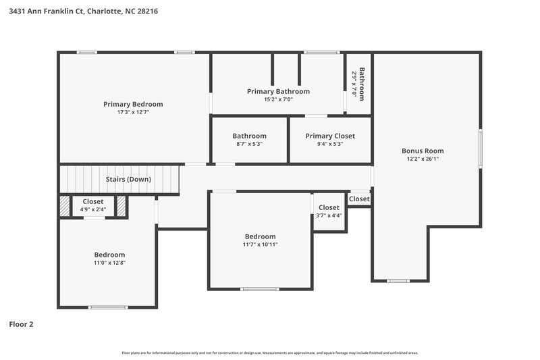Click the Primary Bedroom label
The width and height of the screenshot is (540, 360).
(133, 104)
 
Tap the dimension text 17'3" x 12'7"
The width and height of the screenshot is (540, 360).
(133, 112)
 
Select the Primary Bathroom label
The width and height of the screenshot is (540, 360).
(278, 91)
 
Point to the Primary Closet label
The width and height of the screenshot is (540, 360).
(330, 136)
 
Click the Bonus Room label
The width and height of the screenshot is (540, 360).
(423, 151)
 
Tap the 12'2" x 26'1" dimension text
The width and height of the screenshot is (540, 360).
(423, 159)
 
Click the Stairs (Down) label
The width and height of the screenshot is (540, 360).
(128, 179)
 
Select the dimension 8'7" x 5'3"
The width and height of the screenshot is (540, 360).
(249, 143)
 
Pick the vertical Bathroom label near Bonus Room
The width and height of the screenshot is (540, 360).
(362, 84)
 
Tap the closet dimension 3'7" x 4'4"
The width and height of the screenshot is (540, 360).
(329, 215)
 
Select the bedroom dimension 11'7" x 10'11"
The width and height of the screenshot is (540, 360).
(260, 244)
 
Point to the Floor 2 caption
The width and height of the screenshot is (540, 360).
(21, 324)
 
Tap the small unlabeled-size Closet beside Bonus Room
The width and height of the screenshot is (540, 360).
(359, 199)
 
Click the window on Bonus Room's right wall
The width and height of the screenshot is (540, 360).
(481, 148)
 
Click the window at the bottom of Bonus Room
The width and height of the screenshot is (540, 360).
(398, 280)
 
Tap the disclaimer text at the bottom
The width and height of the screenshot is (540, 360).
(269, 353)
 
